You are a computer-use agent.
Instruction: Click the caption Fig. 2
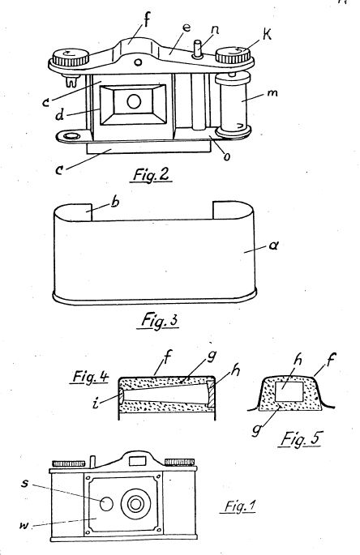point(151,174)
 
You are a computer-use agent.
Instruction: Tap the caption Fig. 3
point(159,320)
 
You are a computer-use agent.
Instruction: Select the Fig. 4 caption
point(90,377)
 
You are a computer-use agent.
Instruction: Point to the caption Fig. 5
point(300,439)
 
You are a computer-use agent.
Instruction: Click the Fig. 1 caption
point(239,506)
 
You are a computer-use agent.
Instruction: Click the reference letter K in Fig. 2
point(267,36)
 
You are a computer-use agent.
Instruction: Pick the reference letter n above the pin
point(214,29)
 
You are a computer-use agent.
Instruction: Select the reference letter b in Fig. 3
point(115,202)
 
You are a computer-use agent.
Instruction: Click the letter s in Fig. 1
point(24,483)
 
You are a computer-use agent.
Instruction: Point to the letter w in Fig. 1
point(24,525)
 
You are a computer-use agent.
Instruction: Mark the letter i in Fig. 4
point(96,403)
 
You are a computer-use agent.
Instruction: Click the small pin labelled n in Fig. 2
point(198,49)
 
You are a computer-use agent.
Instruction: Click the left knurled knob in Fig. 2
point(71,58)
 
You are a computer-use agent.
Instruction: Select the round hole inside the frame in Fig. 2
point(134,102)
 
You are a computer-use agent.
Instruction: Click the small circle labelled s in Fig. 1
point(106,504)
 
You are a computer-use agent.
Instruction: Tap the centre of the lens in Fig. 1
point(135,504)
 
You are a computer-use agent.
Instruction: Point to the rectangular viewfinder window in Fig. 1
point(138,461)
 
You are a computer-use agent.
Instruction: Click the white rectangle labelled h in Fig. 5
point(289,391)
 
